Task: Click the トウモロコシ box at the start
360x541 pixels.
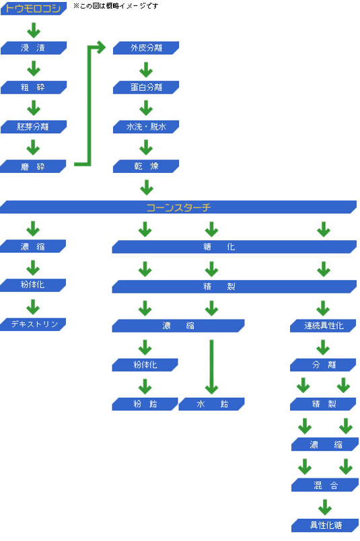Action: (x=34, y=8)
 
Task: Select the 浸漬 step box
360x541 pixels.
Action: (x=34, y=48)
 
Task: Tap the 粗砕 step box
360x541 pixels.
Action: (x=34, y=87)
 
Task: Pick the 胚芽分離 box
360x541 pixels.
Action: (x=34, y=127)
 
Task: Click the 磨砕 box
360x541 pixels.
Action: (x=33, y=166)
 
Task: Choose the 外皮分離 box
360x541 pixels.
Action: (x=146, y=48)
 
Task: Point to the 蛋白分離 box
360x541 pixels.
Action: (x=146, y=87)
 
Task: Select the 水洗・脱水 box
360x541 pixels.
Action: (x=146, y=127)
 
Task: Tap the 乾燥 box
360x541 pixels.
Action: (x=146, y=166)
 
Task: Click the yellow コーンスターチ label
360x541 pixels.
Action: (x=178, y=207)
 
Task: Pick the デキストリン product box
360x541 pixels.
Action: (x=33, y=324)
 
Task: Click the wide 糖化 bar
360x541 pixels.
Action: (x=234, y=247)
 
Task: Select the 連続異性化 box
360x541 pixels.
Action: (x=323, y=326)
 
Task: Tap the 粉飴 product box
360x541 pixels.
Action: (x=145, y=404)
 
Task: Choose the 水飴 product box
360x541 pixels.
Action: (x=211, y=404)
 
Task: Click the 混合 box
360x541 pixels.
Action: (x=325, y=485)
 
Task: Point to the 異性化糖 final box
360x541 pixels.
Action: (x=325, y=526)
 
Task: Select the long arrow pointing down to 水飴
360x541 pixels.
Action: (x=211, y=367)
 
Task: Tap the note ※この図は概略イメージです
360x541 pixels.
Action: (x=116, y=6)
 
